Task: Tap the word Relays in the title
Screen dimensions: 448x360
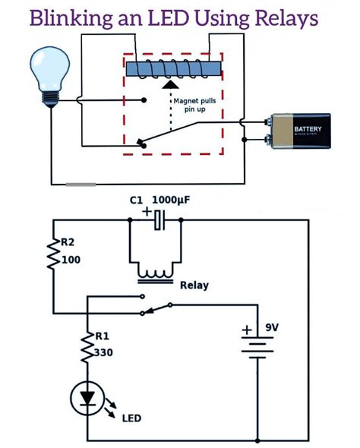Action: [x=283, y=19]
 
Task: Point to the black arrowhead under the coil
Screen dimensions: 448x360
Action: [x=172, y=86]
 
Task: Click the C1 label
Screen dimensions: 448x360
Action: [x=136, y=200]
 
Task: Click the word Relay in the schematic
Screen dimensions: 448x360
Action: [x=195, y=286]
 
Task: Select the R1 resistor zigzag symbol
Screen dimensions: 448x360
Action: [x=87, y=345]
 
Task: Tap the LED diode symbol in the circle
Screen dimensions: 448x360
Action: [x=87, y=397]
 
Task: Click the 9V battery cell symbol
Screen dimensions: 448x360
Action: [x=258, y=344]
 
